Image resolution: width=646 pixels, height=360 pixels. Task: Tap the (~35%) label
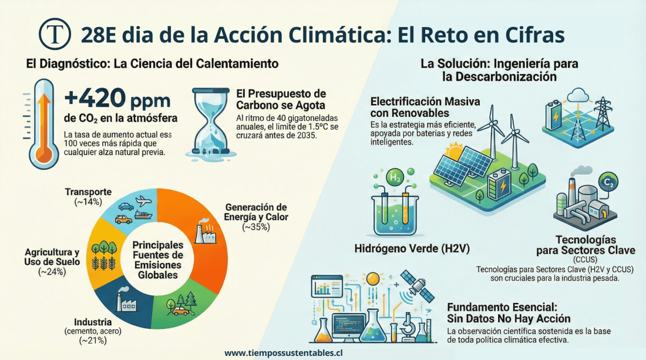pyautogui.click(x=255, y=227)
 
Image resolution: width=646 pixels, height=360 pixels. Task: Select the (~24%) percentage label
pyautogui.click(x=52, y=271)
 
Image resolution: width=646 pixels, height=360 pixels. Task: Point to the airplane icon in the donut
pyautogui.click(x=143, y=201)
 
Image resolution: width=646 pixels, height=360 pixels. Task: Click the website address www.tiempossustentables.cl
pyautogui.click(x=284, y=353)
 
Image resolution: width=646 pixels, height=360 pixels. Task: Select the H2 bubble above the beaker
pyautogui.click(x=393, y=176)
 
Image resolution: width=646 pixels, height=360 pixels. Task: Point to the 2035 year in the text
pyautogui.click(x=305, y=136)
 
